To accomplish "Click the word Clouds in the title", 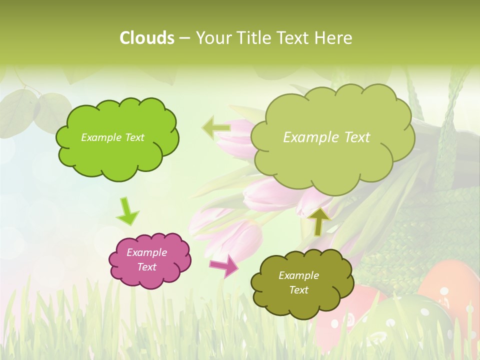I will point(146,38).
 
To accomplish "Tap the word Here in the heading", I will point(334,38).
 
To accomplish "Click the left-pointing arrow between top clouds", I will point(216,128).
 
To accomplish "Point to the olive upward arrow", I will point(319,221).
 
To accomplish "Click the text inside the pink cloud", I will point(147,259).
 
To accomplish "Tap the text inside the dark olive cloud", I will point(298,282).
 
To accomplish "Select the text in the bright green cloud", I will point(112,137).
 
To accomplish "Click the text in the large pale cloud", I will point(326,137).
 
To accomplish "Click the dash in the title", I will point(184,38).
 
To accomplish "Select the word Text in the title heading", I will point(293,38).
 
